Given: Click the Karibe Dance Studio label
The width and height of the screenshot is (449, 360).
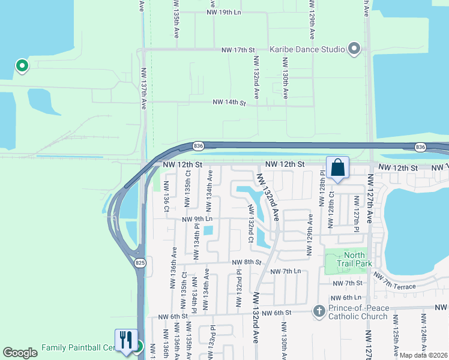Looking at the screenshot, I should point(307,49).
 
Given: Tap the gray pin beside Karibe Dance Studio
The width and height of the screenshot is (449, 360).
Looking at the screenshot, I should point(354,49).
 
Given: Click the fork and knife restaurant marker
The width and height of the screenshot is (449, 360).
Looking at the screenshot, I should point(126,340).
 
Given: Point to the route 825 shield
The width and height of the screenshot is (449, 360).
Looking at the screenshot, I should point(140,263).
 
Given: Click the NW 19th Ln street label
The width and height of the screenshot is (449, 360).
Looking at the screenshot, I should point(223,12).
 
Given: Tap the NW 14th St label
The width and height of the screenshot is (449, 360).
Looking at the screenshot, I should point(229,103).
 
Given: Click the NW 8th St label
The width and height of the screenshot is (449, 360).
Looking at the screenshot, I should point(246,262).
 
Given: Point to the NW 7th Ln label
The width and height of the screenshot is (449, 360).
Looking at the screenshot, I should point(285,272).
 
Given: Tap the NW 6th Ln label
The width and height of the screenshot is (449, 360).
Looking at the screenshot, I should point(348,298).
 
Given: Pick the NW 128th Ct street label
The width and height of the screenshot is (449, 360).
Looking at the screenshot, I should point(330,210).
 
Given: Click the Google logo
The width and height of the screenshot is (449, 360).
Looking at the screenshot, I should point(20,353).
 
